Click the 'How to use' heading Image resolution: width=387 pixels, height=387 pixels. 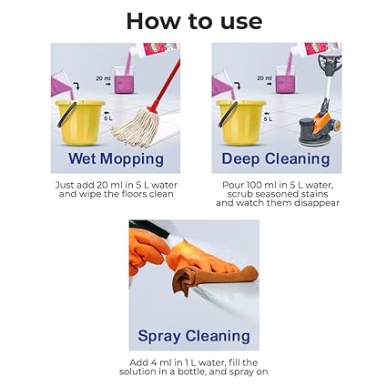pyautogui.click(x=194, y=21)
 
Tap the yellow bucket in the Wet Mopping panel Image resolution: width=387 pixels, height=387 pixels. pyautogui.click(x=80, y=123)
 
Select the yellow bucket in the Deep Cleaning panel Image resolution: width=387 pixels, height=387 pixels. pyautogui.click(x=241, y=123)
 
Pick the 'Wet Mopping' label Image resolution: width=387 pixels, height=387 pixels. pyautogui.click(x=116, y=159)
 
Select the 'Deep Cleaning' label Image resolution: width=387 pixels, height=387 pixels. pyautogui.click(x=276, y=159)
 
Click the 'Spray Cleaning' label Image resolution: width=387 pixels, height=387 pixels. pyautogui.click(x=194, y=336)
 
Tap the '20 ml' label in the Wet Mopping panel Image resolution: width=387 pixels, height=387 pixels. pyautogui.click(x=104, y=78)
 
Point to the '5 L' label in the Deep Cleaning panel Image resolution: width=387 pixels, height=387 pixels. pyautogui.click(x=268, y=119)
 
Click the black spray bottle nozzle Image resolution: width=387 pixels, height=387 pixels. pyautogui.click(x=149, y=229)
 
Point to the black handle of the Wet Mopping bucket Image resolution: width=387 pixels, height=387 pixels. pyautogui.click(x=66, y=115)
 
